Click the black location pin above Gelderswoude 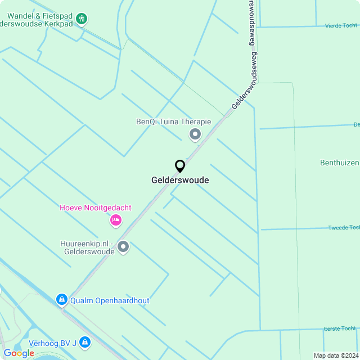point(180,166)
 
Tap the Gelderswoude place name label point(180,181)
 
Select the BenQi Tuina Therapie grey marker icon point(195,134)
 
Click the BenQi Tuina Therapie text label point(173,121)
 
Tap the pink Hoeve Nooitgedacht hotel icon point(115,220)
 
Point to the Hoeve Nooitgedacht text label point(96,208)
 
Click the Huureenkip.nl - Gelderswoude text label point(87,247)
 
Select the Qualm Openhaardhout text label point(110,300)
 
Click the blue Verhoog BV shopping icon point(85,341)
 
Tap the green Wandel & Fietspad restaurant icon point(82,19)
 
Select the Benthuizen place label point(339,163)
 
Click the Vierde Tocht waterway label point(341,26)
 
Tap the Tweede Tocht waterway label point(343,227)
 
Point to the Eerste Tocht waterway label point(340,328)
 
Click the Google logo point(19,353)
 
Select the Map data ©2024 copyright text point(335,355)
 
